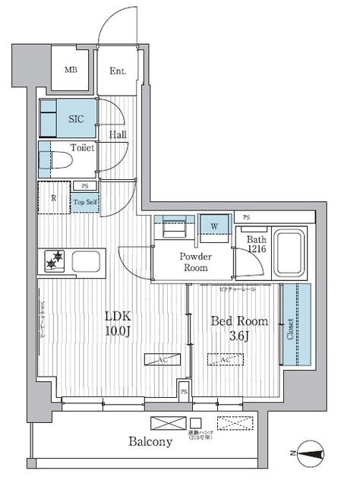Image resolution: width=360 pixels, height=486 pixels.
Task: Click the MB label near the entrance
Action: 71,71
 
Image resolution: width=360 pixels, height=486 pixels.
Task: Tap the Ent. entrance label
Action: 118,71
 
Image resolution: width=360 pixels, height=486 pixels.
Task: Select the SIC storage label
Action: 77,119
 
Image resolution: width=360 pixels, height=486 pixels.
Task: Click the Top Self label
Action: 84,201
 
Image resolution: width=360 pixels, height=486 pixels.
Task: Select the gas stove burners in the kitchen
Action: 55,262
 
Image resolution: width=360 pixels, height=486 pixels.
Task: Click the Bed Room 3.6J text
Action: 238,329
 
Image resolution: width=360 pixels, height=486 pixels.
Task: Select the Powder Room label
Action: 194,262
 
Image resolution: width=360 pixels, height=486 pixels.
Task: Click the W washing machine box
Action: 215,226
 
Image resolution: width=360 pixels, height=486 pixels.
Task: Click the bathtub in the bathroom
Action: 290,253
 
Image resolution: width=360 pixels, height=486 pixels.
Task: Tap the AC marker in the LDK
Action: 163,359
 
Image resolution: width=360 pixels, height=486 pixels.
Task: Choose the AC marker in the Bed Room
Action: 226,359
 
